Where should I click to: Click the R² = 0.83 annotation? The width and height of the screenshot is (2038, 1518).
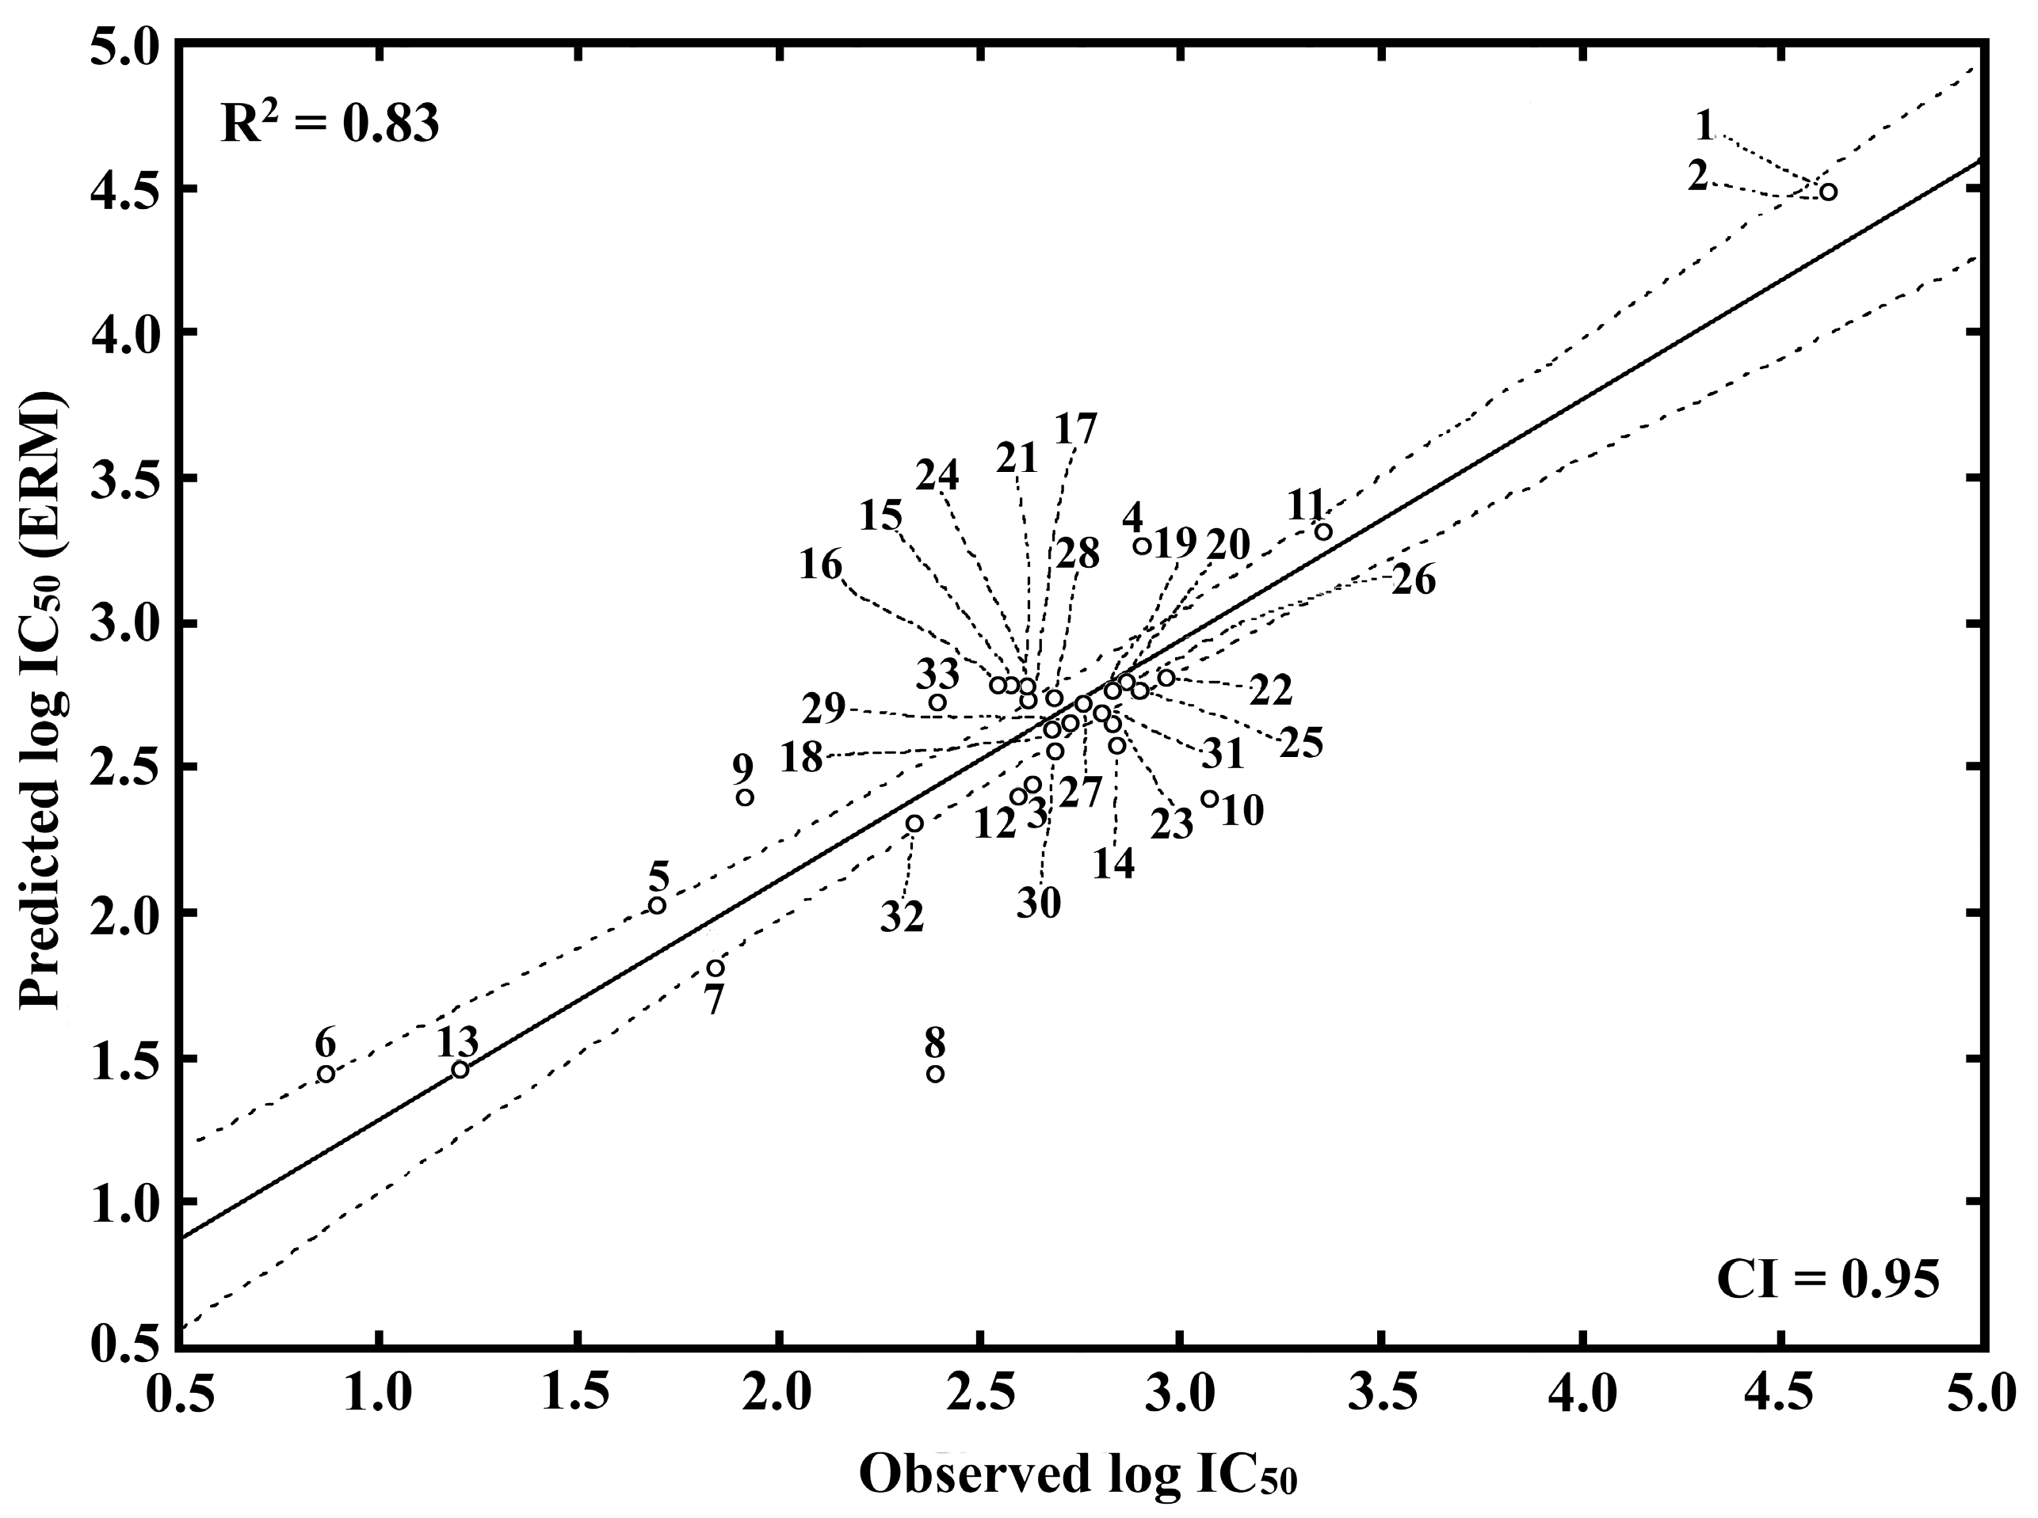(329, 124)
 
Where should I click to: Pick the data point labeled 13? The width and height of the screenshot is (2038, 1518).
(460, 1070)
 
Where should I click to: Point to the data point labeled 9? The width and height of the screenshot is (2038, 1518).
(745, 797)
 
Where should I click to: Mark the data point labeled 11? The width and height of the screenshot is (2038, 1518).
(1322, 532)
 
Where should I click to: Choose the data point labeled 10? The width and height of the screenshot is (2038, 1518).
(1210, 800)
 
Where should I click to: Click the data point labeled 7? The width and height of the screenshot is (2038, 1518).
(716, 968)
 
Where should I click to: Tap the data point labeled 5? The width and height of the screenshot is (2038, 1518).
(657, 906)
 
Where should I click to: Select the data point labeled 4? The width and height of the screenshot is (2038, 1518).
(1142, 546)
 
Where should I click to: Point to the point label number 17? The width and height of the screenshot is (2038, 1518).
(1074, 430)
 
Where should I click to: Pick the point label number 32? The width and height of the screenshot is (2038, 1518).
(902, 917)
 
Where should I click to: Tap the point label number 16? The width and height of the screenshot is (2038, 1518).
(820, 565)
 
